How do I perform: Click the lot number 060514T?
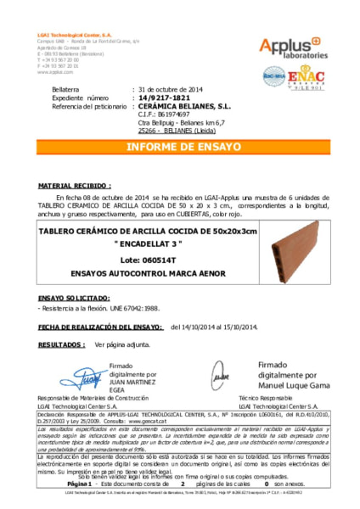point(160,258)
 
